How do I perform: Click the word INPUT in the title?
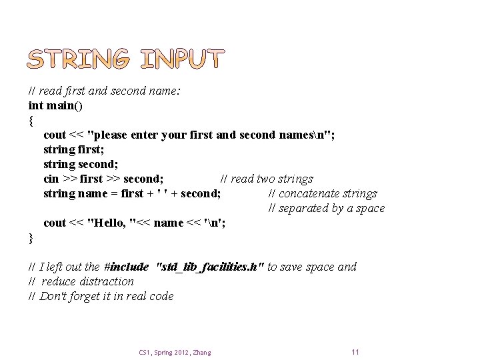click(x=183, y=60)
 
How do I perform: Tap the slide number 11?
click(x=355, y=351)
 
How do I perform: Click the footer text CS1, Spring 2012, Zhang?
click(x=175, y=352)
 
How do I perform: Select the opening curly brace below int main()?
click(x=31, y=121)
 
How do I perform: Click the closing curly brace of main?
click(x=31, y=238)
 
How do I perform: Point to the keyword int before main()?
click(x=36, y=105)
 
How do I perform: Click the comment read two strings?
click(x=272, y=179)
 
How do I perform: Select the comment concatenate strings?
click(x=327, y=193)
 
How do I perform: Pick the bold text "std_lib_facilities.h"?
click(x=209, y=267)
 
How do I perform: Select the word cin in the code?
click(x=51, y=179)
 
